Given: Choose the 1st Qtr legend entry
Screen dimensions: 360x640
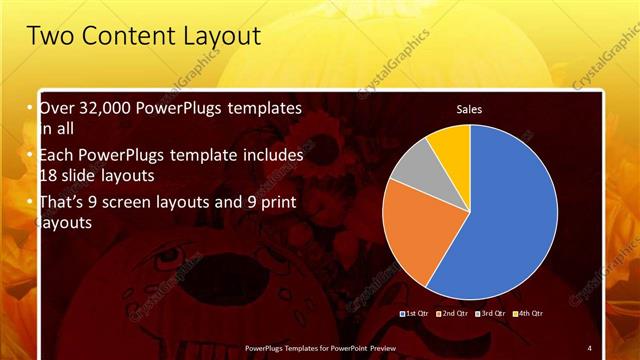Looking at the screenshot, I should (416, 313).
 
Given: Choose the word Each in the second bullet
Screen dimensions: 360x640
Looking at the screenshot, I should (58, 155).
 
